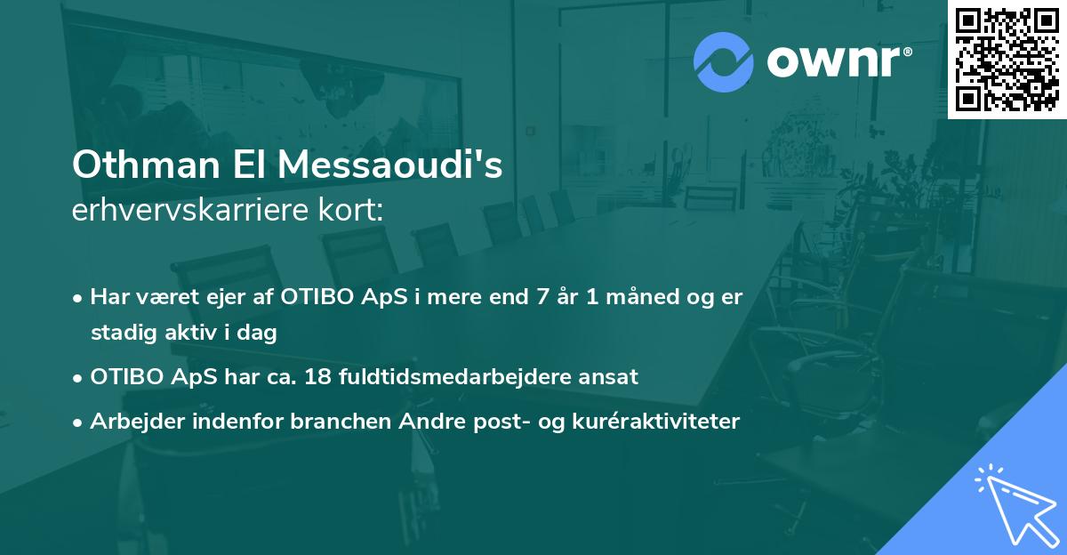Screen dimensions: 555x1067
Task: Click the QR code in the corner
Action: tap(1007, 60)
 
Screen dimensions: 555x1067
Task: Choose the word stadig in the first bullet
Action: tap(120, 334)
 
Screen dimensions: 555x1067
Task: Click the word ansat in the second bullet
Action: tap(611, 376)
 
